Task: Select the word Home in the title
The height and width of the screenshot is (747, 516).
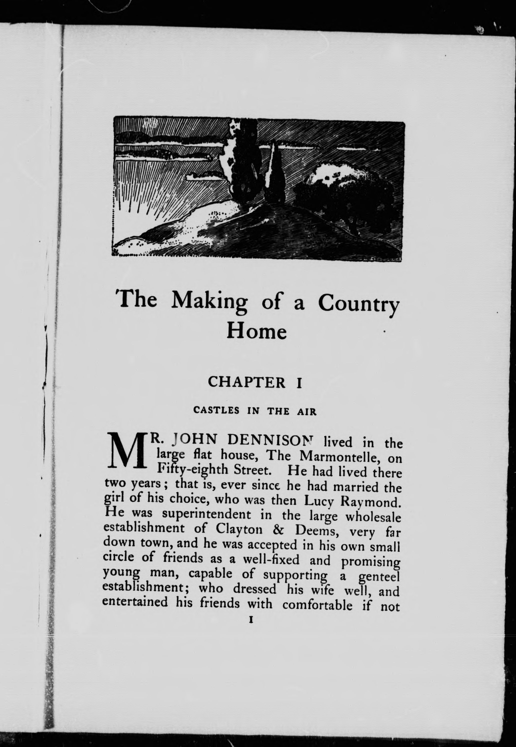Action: (x=256, y=331)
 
